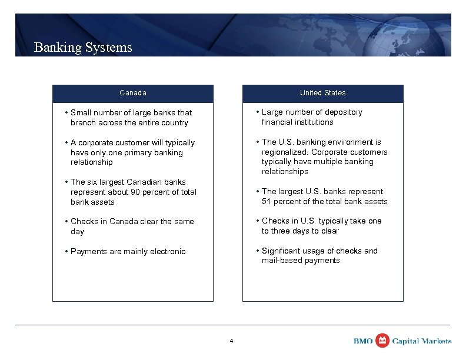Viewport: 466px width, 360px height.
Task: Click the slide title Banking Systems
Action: pyautogui.click(x=83, y=47)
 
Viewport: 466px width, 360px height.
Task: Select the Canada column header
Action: pyautogui.click(x=133, y=93)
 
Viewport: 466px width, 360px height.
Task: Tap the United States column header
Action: pyautogui.click(x=322, y=93)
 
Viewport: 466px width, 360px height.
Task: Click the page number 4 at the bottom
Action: pyautogui.click(x=232, y=341)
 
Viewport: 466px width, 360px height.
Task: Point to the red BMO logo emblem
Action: pyautogui.click(x=382, y=341)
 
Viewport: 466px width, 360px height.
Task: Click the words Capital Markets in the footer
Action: pyautogui.click(x=422, y=341)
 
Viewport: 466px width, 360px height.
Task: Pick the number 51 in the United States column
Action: pyautogui.click(x=267, y=202)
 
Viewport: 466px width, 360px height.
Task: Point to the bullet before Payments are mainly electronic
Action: pyautogui.click(x=66, y=252)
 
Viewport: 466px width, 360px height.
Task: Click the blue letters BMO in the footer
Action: pyautogui.click(x=363, y=341)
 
